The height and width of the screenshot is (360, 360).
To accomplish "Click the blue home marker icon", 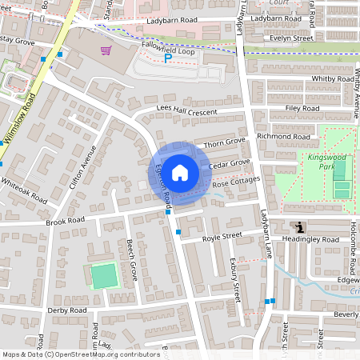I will [x=180, y=173].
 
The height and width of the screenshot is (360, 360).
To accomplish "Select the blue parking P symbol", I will [x=168, y=58].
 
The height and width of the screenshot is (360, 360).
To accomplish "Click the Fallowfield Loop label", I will [x=168, y=47].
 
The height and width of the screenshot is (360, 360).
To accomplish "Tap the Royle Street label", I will [x=222, y=236].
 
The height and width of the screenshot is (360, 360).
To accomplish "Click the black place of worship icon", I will [x=299, y=228].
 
